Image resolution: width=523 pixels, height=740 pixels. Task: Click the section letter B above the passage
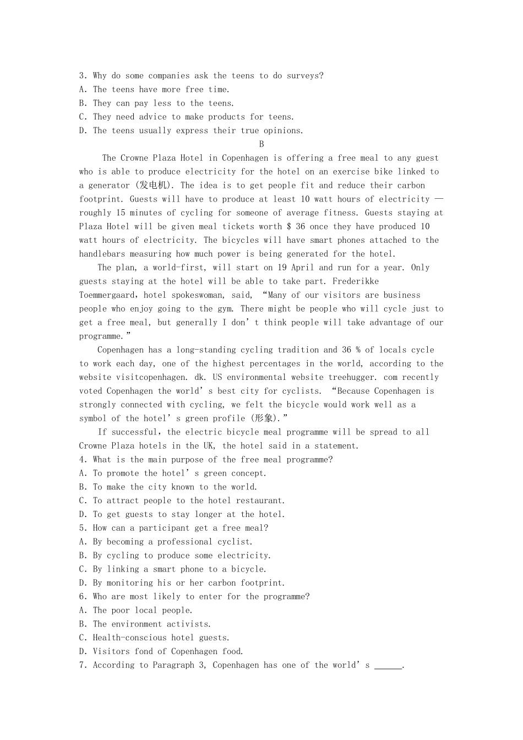point(261,144)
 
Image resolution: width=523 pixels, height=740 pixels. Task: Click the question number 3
point(82,76)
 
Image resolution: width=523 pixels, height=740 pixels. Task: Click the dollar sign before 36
point(288,226)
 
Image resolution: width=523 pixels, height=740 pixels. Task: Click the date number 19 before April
point(282,268)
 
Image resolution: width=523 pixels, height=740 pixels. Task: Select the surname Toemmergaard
point(108,295)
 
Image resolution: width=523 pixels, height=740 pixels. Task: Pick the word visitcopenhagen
point(150,377)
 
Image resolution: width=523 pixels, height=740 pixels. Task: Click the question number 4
point(82,460)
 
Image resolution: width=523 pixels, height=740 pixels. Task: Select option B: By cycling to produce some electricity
point(181,556)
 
